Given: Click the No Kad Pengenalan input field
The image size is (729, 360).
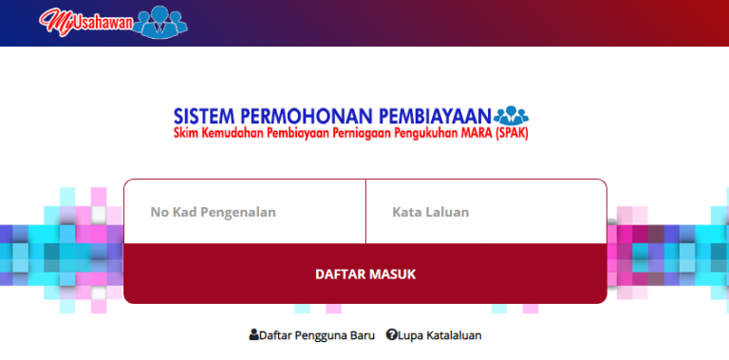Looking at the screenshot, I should (244, 212).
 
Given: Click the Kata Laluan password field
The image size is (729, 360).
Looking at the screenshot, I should (485, 212).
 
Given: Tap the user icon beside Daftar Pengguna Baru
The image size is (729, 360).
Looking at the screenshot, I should (253, 335).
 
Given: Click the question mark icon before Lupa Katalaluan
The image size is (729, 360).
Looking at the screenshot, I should (391, 335).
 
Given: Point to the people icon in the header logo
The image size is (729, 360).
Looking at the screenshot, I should (162, 21).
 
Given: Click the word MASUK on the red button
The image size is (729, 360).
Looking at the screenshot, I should (392, 275).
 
